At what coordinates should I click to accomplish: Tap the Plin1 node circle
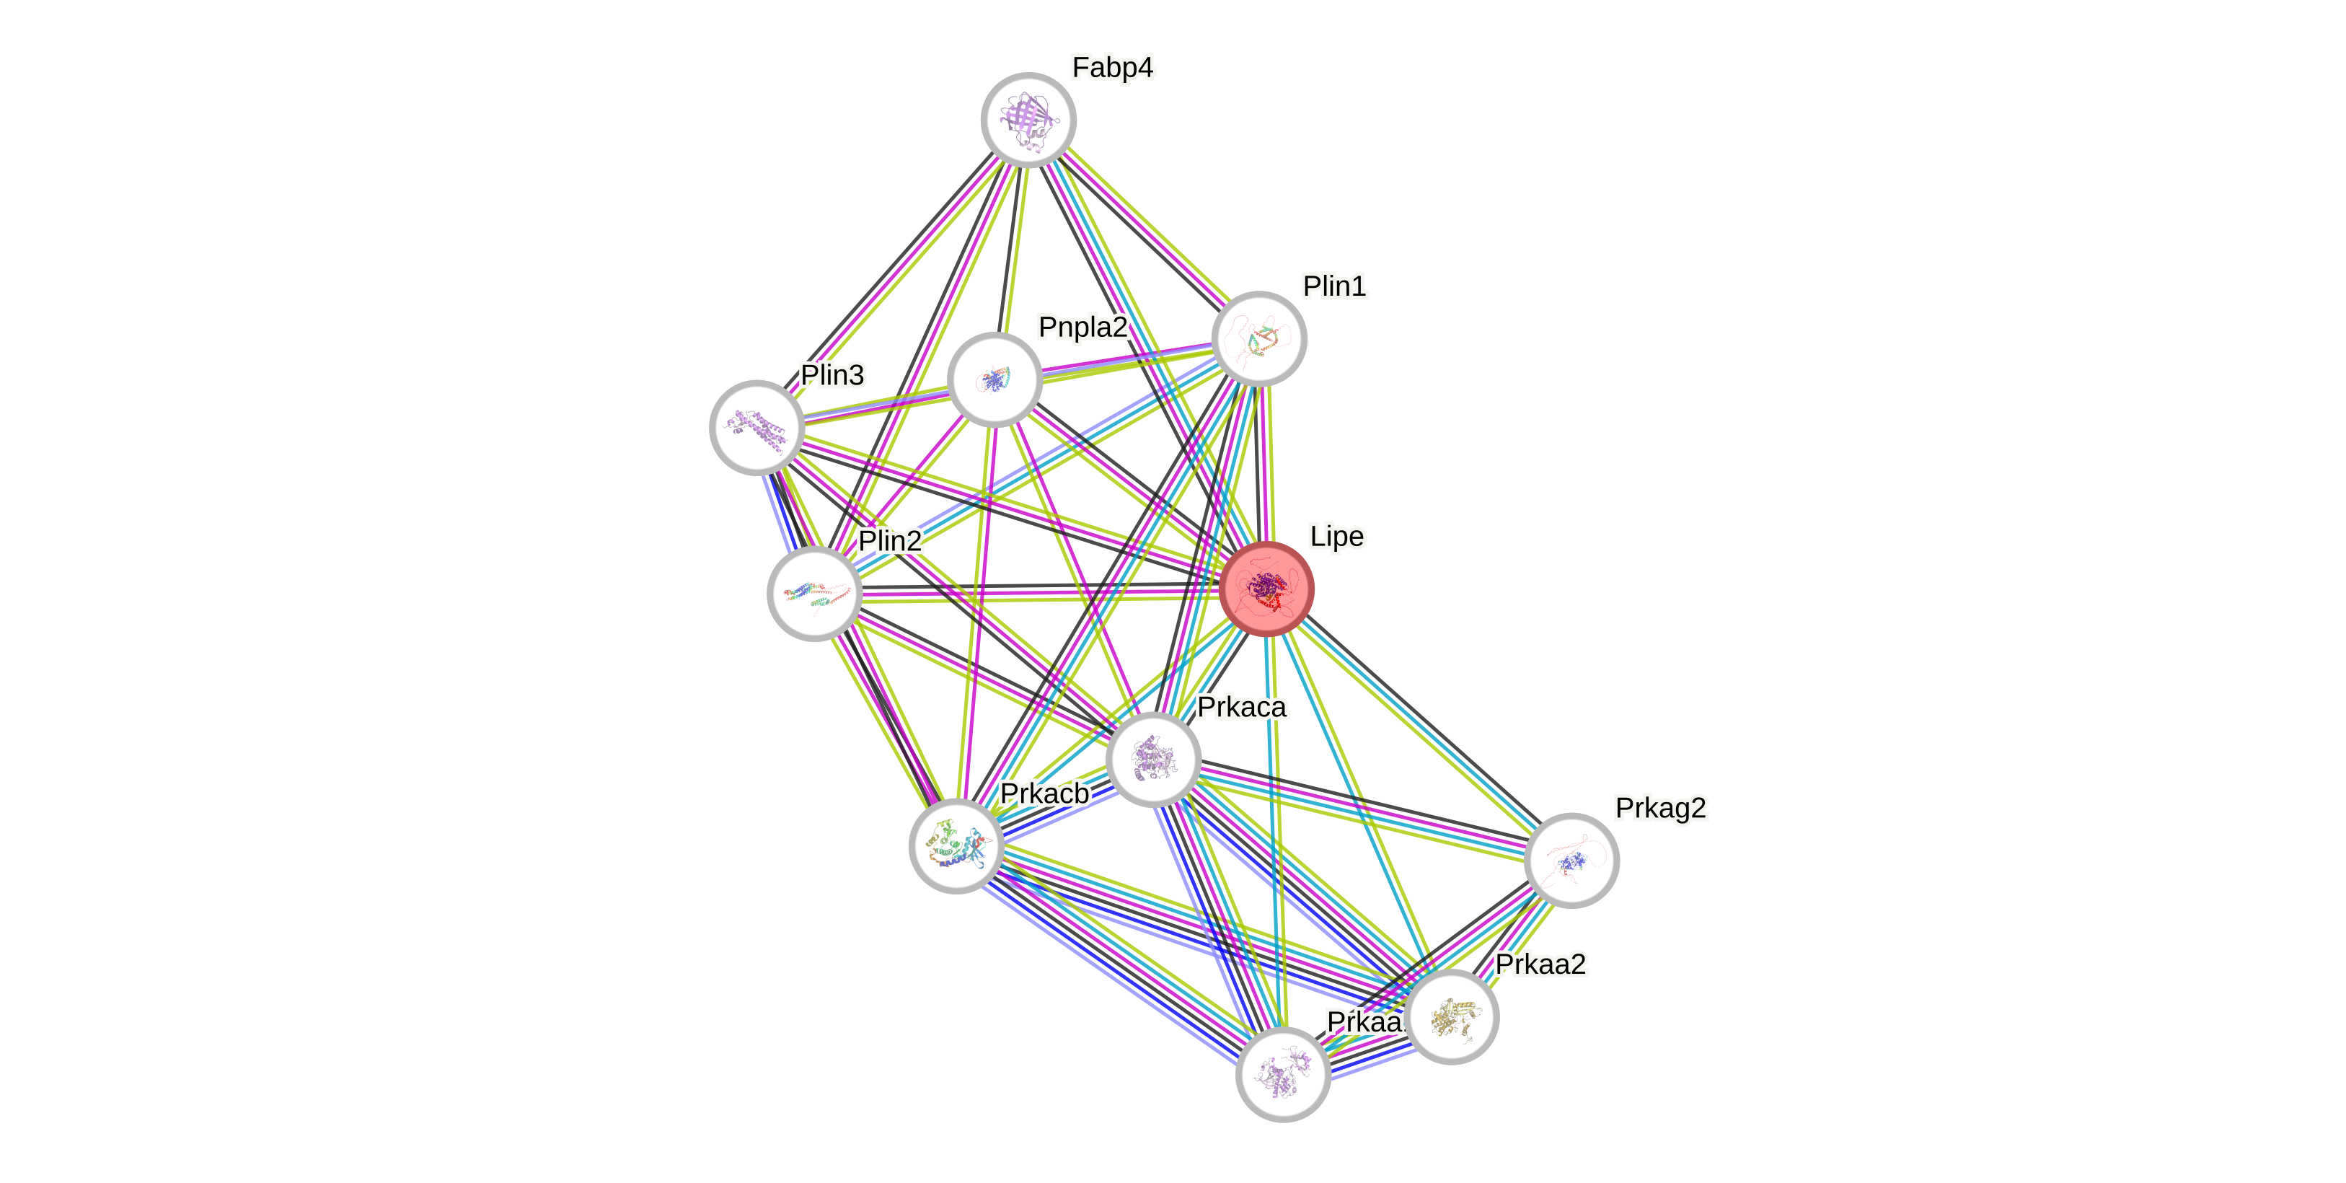[x=1259, y=338]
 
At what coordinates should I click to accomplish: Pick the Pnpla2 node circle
[x=995, y=379]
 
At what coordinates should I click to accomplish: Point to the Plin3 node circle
[x=756, y=427]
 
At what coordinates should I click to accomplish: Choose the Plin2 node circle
[x=814, y=594]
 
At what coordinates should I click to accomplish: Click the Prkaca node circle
[x=1154, y=759]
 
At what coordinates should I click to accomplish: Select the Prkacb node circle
[x=956, y=846]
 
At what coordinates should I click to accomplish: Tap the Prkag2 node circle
[x=1571, y=860]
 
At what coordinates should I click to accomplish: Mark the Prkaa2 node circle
[x=1452, y=1016]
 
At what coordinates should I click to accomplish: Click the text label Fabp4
[x=1112, y=67]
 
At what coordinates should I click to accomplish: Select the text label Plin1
[x=1334, y=286]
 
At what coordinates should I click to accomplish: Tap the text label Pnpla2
[x=1082, y=326]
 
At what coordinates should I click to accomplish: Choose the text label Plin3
[x=832, y=374]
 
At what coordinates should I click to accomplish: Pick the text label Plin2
[x=890, y=541]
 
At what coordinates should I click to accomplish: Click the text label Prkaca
[x=1242, y=707]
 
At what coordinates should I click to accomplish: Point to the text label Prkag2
[x=1660, y=808]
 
